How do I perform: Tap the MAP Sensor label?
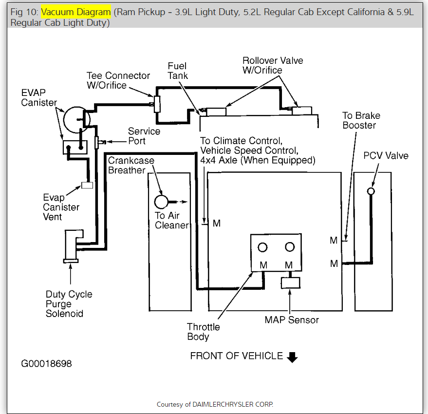click(292, 320)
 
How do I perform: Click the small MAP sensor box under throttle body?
click(290, 283)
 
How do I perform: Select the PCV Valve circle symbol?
click(371, 191)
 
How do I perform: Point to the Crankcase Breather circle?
click(161, 201)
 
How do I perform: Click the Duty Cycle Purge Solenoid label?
click(69, 304)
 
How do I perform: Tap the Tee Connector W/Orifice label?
click(118, 80)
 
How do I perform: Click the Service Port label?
click(144, 136)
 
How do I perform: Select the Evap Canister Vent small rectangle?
click(87, 185)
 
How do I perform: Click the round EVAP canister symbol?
click(77, 118)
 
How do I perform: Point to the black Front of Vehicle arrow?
click(292, 357)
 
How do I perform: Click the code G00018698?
click(46, 364)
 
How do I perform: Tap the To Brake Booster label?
click(361, 120)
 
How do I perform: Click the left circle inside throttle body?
click(263, 247)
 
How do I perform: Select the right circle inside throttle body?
click(290, 247)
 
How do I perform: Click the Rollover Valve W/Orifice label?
click(273, 65)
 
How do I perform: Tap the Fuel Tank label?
click(177, 71)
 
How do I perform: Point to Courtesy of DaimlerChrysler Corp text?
click(215, 404)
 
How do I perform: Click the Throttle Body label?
click(203, 332)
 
